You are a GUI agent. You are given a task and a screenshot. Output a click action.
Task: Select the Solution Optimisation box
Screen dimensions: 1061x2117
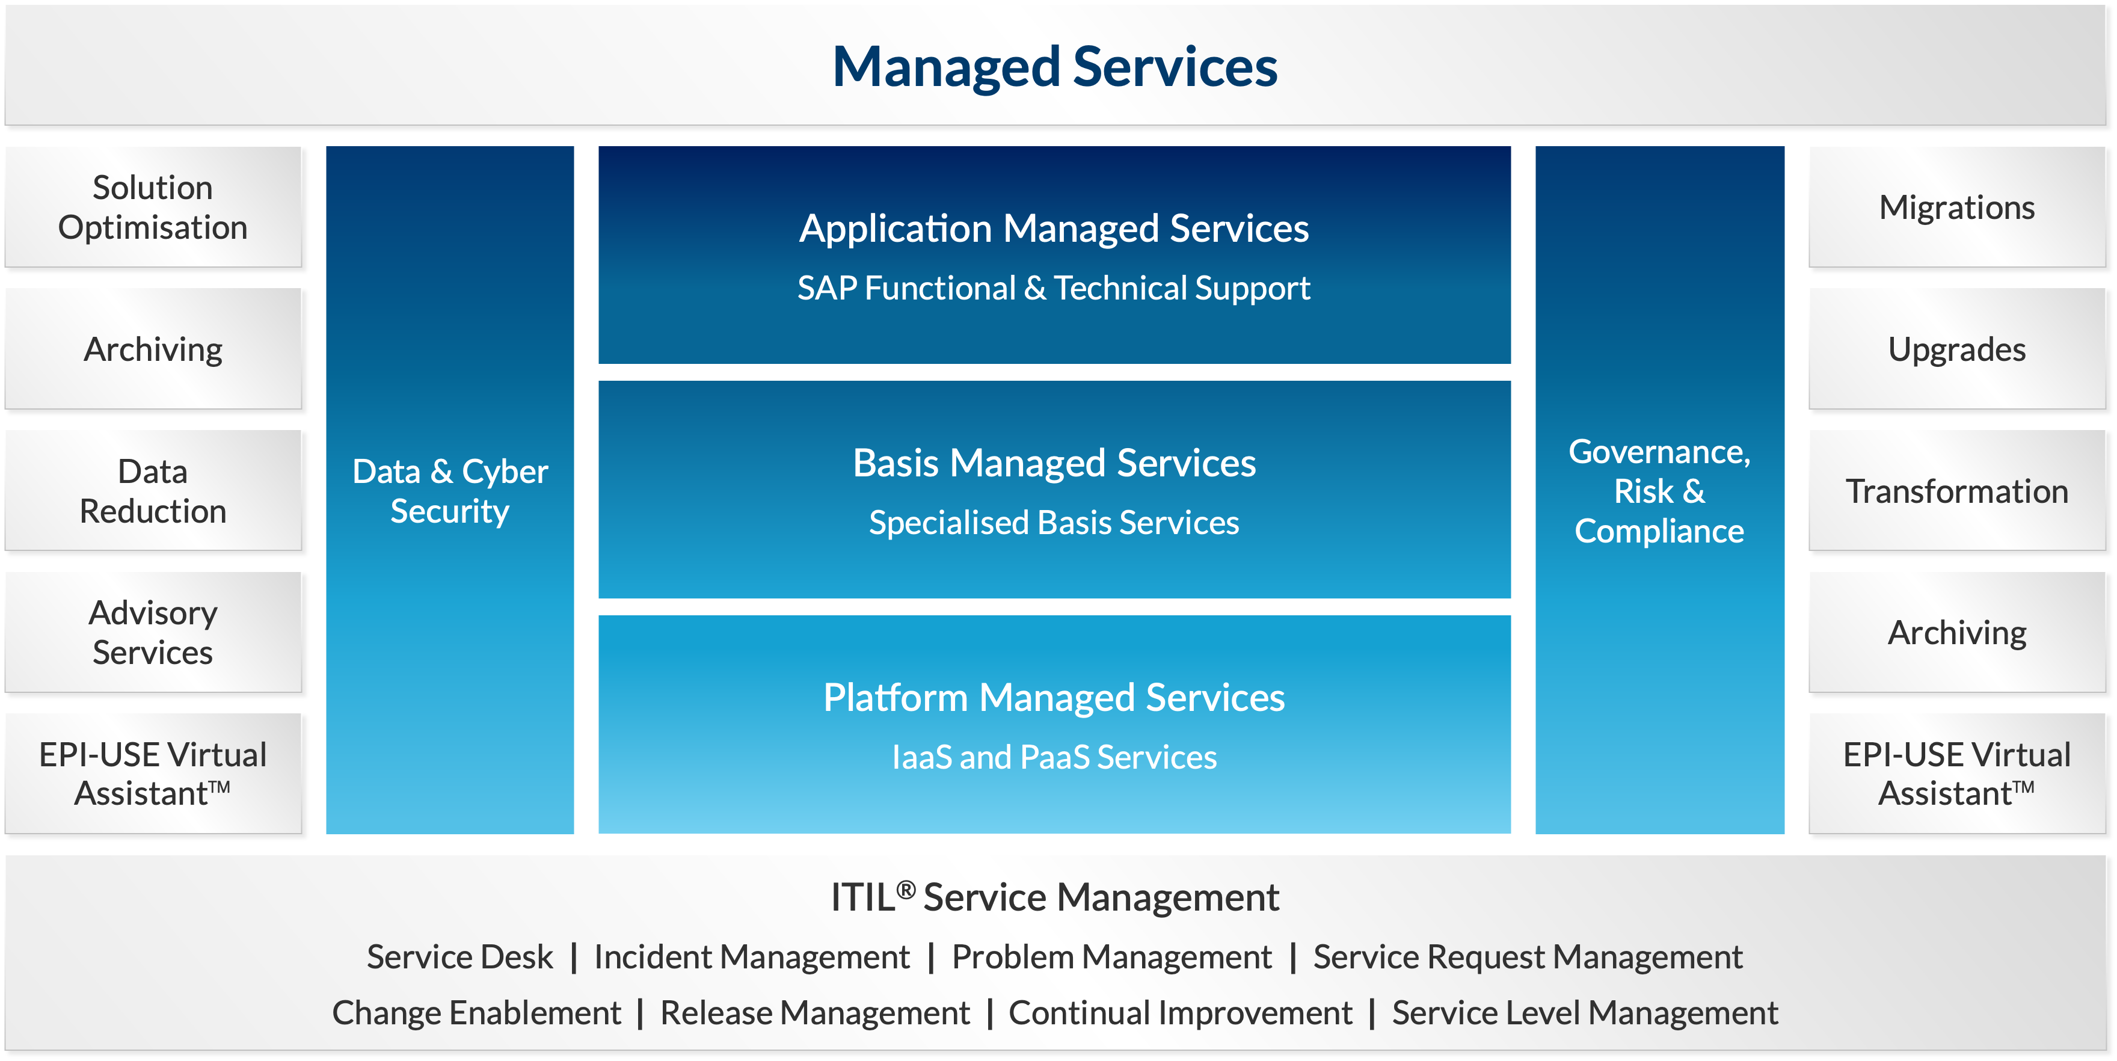(153, 207)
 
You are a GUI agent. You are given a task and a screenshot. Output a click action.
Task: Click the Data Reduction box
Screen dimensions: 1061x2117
(153, 491)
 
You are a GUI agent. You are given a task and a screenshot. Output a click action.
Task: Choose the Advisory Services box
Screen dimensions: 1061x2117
(153, 632)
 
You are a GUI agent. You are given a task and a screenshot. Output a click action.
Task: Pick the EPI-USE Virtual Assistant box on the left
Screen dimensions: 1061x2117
(153, 773)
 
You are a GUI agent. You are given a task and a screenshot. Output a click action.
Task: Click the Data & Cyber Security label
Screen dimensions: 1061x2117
(449, 491)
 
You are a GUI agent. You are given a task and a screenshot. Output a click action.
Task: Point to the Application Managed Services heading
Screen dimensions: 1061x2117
(1054, 229)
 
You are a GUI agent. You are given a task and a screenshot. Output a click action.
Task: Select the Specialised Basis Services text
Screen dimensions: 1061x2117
(1054, 523)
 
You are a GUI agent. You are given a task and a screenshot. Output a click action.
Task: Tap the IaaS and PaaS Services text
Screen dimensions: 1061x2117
(1054, 757)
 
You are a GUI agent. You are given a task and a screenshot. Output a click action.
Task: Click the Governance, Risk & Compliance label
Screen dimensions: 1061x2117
(1659, 491)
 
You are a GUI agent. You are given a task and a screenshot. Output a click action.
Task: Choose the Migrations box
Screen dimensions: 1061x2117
(1957, 207)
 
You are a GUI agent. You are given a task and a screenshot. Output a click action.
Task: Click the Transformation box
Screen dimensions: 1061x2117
(1957, 491)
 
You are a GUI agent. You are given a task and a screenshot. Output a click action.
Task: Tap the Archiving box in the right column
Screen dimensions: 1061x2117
(1957, 632)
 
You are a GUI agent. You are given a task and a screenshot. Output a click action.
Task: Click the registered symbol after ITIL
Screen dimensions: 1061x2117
(906, 889)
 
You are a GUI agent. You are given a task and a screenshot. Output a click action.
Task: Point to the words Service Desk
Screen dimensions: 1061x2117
(459, 956)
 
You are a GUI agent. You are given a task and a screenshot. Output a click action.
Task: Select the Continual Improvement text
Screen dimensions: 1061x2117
(1180, 1012)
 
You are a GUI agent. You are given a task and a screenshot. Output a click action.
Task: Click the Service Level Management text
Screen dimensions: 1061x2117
(1585, 1012)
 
